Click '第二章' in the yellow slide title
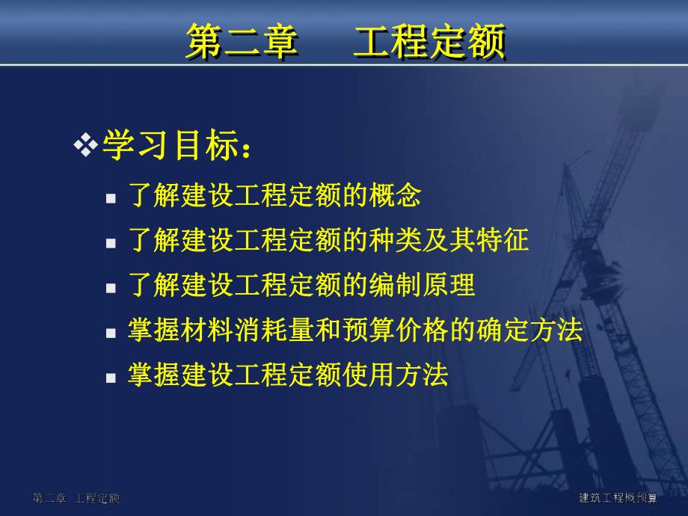click(x=242, y=41)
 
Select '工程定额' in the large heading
click(x=429, y=41)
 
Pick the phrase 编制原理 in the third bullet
click(x=422, y=285)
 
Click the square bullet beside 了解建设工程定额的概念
click(x=111, y=199)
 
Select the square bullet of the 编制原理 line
click(x=111, y=288)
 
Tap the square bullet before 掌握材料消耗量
click(x=111, y=333)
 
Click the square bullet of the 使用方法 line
click(x=111, y=377)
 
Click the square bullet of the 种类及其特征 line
click(x=111, y=243)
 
